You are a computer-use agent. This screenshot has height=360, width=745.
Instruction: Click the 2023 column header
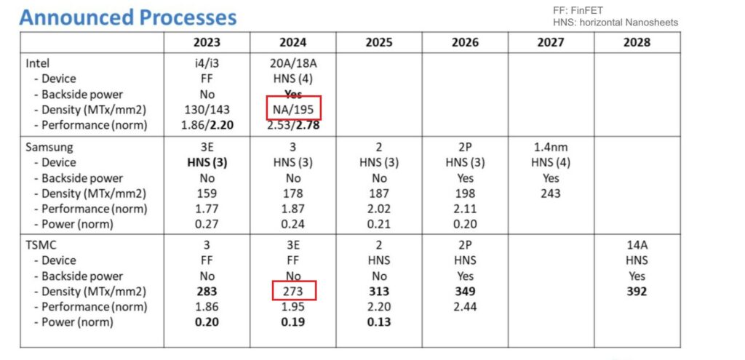pos(207,42)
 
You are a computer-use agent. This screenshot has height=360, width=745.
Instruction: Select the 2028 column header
pos(637,42)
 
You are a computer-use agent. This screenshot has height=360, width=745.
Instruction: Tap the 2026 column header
pos(465,42)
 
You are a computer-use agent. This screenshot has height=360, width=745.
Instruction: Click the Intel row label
pos(38,63)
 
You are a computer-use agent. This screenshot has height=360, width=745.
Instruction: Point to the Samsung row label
pos(49,147)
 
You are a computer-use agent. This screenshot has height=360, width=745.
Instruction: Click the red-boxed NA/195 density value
pos(293,111)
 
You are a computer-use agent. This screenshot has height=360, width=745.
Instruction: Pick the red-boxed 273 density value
pos(293,291)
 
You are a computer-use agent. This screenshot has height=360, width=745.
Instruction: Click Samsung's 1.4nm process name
pos(551,147)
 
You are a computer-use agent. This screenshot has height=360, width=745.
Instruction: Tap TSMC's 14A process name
pos(637,245)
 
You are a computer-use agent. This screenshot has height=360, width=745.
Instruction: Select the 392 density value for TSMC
pos(637,291)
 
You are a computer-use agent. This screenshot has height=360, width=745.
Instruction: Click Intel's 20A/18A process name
pos(293,63)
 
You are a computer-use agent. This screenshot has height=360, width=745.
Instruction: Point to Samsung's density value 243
pos(551,193)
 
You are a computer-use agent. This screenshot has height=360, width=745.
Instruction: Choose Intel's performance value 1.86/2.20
pos(207,125)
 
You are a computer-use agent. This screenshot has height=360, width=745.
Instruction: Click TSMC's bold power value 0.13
pos(379,322)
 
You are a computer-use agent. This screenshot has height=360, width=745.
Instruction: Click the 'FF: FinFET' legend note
pos(578,10)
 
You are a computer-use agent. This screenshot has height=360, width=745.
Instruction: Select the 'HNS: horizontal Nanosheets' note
pos(615,23)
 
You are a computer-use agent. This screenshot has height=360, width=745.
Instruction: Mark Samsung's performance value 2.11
pos(465,209)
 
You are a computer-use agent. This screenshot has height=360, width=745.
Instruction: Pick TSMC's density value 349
pos(465,291)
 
